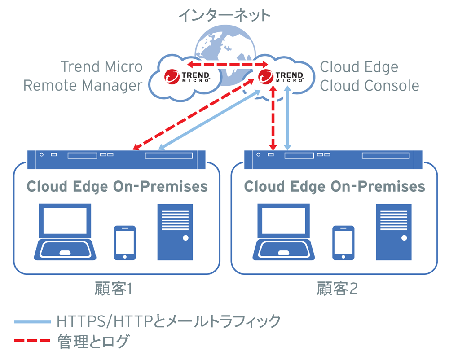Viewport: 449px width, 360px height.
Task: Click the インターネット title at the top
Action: point(224,15)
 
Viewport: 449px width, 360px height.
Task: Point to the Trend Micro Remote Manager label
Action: point(84,76)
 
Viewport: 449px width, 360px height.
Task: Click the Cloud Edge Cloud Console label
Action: point(369,76)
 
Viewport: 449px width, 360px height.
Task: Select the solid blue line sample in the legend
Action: point(32,322)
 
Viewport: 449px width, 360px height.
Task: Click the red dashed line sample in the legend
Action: point(32,341)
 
